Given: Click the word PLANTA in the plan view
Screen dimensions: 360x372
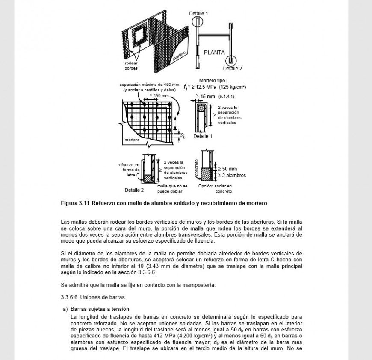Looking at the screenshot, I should click(x=214, y=53).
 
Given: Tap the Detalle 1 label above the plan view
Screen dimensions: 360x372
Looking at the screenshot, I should click(x=198, y=14).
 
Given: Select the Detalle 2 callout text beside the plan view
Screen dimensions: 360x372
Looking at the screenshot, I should click(x=232, y=68).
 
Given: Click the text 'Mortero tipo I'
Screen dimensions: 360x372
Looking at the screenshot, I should click(x=213, y=80).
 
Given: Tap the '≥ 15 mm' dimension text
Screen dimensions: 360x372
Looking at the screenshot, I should click(x=205, y=97).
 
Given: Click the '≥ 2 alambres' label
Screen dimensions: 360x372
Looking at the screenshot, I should click(x=232, y=175).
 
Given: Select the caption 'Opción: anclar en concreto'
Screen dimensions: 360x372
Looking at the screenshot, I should click(x=215, y=189).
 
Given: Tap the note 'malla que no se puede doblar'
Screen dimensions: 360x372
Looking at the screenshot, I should click(x=172, y=189).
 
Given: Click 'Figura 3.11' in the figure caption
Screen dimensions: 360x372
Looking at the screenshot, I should click(x=75, y=203).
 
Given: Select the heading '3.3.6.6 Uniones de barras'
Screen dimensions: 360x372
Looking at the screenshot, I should click(x=93, y=297).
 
